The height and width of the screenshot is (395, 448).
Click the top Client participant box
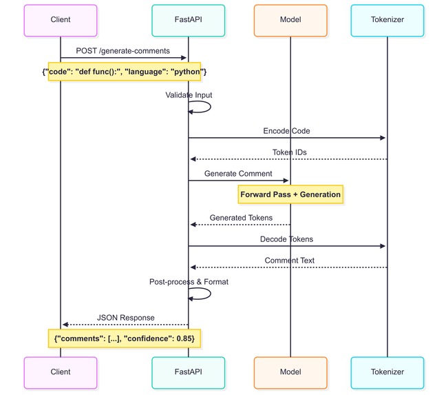(x=60, y=20)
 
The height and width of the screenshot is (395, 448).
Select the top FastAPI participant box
(x=188, y=20)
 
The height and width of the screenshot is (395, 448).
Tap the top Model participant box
(x=290, y=20)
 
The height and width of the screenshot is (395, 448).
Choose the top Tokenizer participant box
(x=387, y=20)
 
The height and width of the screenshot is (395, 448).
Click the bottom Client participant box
(x=60, y=372)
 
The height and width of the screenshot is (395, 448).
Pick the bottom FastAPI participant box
(x=188, y=372)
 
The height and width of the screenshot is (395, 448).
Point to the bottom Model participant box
(x=290, y=372)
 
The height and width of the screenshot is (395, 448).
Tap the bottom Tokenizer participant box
(x=387, y=372)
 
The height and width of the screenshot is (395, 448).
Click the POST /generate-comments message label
(x=124, y=50)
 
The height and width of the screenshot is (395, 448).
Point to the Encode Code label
(x=287, y=130)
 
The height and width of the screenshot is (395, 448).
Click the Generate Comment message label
(x=238, y=173)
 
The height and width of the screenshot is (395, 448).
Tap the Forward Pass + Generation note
(x=290, y=194)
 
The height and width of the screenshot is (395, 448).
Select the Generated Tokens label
(x=240, y=217)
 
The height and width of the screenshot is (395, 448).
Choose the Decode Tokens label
(x=287, y=239)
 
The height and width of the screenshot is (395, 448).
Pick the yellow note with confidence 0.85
(x=124, y=338)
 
